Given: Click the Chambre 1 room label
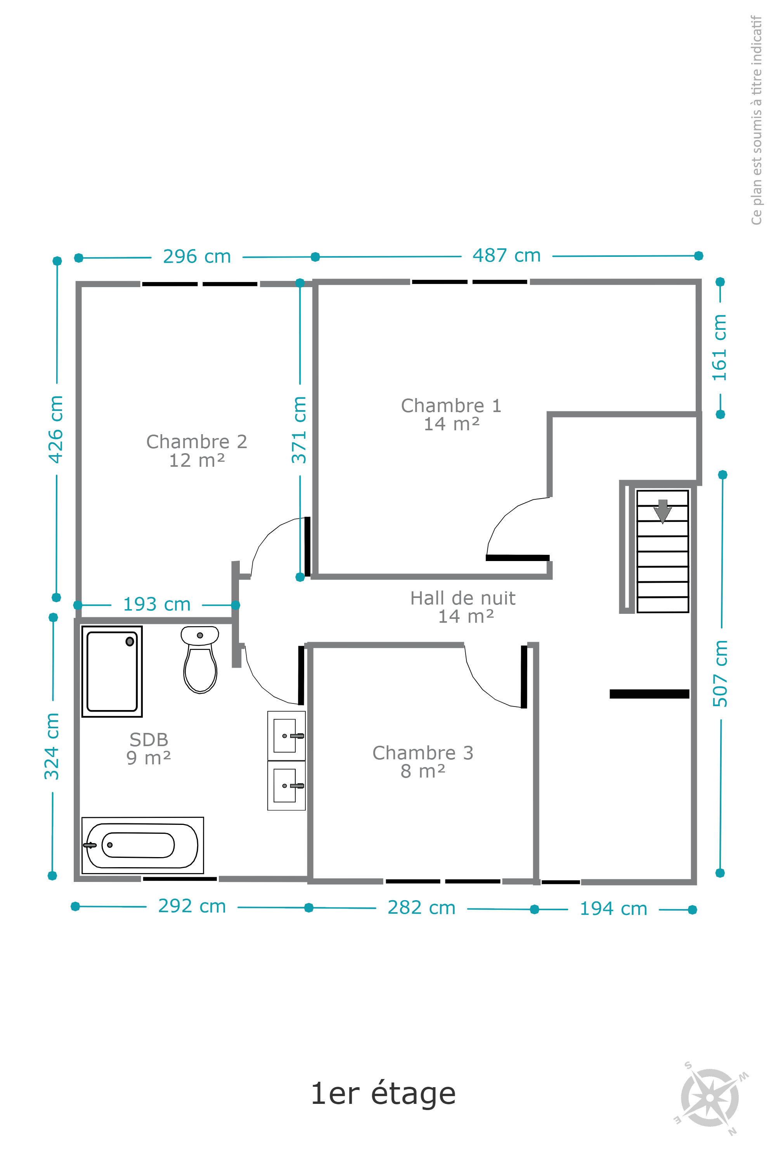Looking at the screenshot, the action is pyautogui.click(x=451, y=415).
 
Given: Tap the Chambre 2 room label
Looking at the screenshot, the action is pyautogui.click(x=197, y=451).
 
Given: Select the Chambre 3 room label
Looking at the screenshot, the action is pyautogui.click(x=423, y=762).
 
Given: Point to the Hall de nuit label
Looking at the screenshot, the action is pyautogui.click(x=463, y=607).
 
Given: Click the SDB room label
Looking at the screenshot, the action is pyautogui.click(x=149, y=748).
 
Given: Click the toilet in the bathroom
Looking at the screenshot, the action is pyautogui.click(x=200, y=660).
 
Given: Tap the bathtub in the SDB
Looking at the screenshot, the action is pyautogui.click(x=142, y=845).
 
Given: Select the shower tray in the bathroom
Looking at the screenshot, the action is pyautogui.click(x=112, y=672).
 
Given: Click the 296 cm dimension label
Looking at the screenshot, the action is pyautogui.click(x=197, y=257).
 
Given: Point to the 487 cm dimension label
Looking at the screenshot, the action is pyautogui.click(x=507, y=256).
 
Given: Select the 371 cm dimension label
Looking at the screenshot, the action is pyautogui.click(x=299, y=430).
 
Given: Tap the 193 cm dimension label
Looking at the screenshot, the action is pyautogui.click(x=157, y=604).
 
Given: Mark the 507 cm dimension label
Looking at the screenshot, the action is pyautogui.click(x=720, y=674).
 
